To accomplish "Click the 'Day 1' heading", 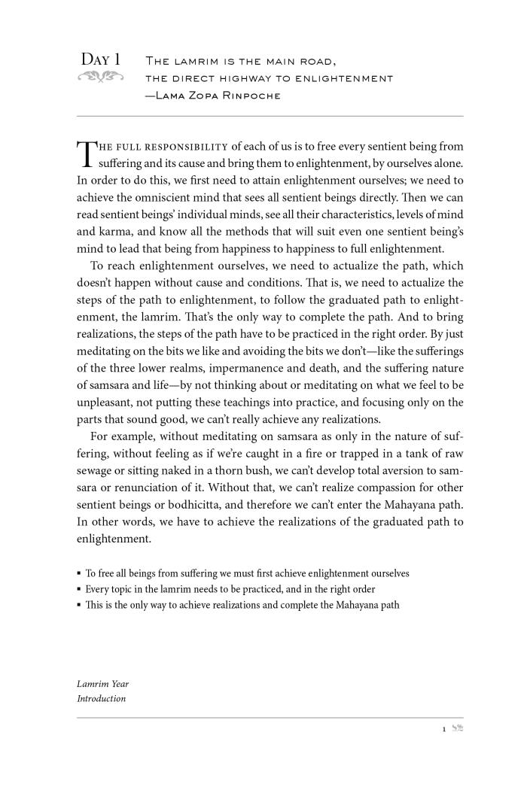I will coord(101,59).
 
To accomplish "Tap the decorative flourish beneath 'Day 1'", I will coord(101,76).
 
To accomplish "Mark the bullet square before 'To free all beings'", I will coord(79,573).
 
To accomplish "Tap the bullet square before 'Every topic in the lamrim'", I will coord(79,590).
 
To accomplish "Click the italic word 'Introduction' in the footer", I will coord(102,699).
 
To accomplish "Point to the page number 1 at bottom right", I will coord(444,729).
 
